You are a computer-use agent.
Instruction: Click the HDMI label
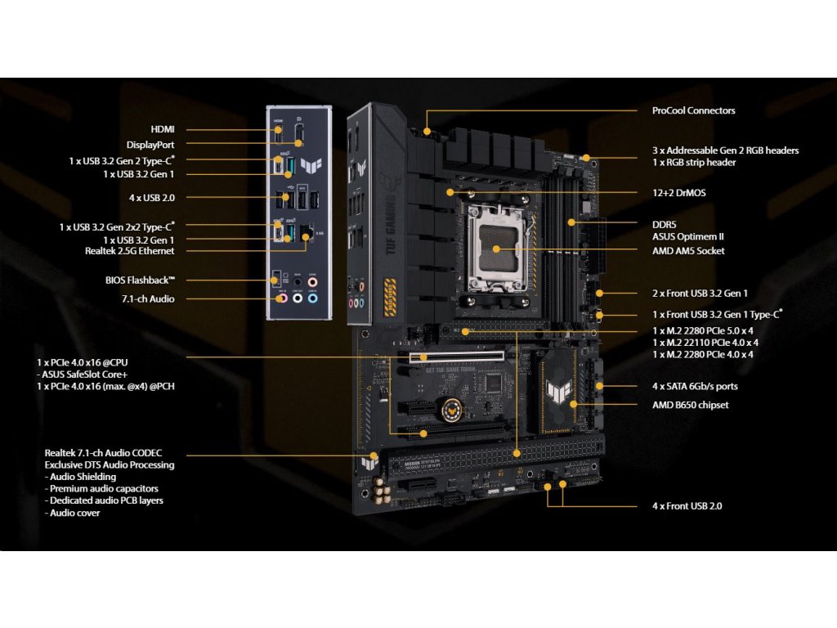click(x=163, y=129)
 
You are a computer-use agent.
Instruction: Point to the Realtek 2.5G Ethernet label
click(x=129, y=251)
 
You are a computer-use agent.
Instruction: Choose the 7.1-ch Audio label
click(x=150, y=299)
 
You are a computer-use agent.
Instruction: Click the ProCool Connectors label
click(x=693, y=110)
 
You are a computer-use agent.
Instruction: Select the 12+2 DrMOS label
click(x=678, y=193)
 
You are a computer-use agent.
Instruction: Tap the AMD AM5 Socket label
click(x=688, y=250)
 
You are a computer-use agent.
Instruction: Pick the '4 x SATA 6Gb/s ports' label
click(x=695, y=386)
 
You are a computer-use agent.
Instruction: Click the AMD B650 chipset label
click(x=690, y=405)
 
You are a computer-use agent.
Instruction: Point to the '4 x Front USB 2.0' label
click(x=687, y=506)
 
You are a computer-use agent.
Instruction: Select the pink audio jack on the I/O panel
click(x=283, y=299)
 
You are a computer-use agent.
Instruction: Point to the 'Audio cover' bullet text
click(x=74, y=513)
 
